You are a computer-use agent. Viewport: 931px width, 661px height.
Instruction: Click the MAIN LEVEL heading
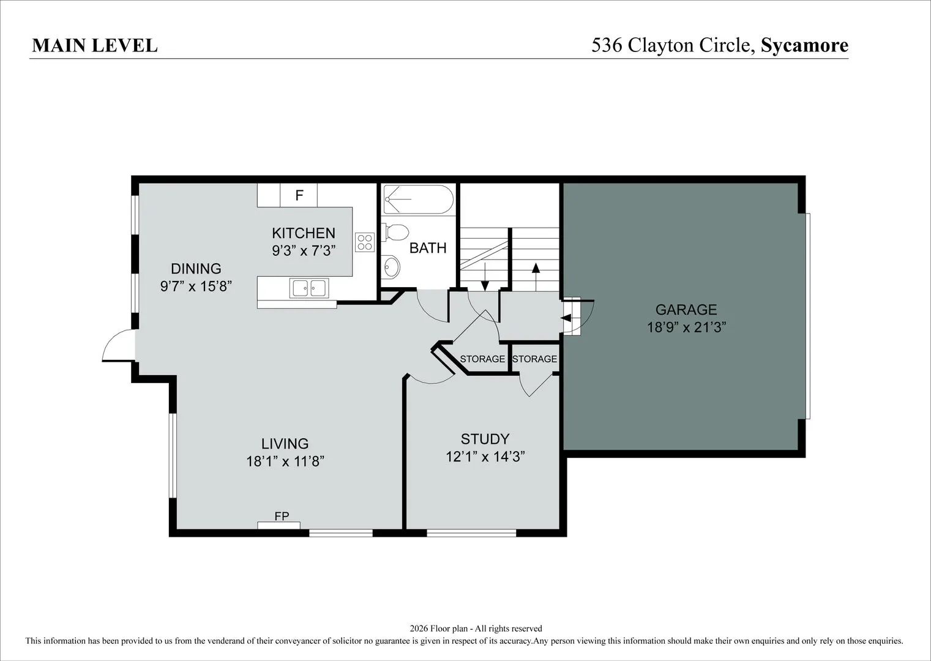[x=95, y=46]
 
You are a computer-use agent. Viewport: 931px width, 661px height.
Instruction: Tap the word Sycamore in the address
[x=804, y=46]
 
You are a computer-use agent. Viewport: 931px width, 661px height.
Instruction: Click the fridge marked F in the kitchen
[x=299, y=195]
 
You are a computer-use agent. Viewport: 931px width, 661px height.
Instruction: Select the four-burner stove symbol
[x=364, y=242]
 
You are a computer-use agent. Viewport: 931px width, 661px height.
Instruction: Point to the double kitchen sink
[x=309, y=288]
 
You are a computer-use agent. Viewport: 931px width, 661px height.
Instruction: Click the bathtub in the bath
[x=418, y=200]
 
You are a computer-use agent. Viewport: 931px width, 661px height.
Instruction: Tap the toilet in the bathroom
[x=395, y=232]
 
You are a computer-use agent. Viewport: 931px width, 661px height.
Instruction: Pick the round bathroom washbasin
[x=391, y=266]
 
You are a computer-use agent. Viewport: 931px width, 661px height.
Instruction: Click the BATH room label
[x=428, y=248]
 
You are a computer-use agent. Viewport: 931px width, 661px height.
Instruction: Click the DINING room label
[x=196, y=269]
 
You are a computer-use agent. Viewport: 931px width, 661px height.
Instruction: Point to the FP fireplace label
[x=282, y=516]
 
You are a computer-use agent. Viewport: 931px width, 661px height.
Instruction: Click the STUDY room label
[x=485, y=439]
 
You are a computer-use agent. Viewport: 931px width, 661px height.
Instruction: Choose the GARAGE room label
[x=686, y=310]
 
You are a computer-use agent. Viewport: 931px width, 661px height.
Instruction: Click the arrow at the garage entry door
[x=567, y=318]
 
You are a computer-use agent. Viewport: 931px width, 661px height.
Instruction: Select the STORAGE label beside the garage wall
[x=534, y=359]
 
